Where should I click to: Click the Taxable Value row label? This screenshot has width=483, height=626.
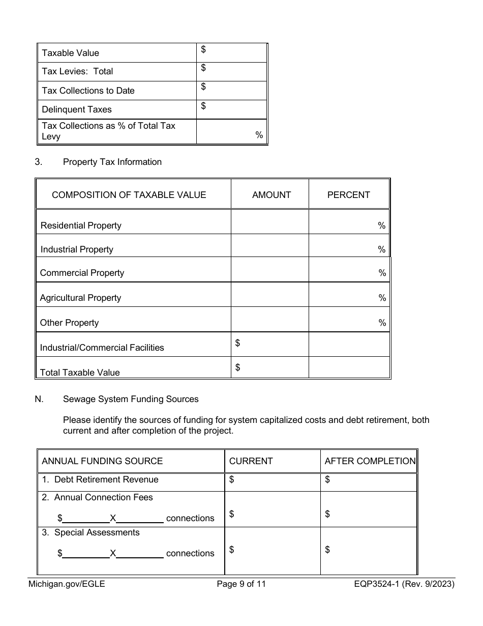70,53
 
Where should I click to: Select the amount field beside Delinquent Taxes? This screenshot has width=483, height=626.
231,109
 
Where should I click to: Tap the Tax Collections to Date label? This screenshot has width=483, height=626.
88,91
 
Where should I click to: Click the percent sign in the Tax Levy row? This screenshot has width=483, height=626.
259,135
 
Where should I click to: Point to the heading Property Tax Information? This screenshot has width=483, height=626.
112,162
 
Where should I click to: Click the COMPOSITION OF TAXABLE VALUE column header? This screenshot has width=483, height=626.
129,195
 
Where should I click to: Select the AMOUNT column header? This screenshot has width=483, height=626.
271,195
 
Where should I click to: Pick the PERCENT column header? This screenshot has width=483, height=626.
348,195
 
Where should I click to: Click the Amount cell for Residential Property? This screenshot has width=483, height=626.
269,222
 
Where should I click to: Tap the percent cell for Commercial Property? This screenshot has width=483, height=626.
349,270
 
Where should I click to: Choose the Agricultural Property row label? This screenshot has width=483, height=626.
80,298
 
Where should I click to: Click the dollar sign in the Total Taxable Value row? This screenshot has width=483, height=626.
237,367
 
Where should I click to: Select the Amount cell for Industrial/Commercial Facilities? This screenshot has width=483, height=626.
269,345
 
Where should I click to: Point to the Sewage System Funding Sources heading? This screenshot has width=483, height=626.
131,399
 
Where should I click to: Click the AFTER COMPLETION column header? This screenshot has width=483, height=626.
370,461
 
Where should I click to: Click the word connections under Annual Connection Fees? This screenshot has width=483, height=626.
190,518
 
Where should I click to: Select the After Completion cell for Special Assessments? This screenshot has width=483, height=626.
369,551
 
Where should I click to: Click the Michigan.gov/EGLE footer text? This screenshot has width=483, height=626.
67,584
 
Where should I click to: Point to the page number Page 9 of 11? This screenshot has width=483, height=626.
241,584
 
